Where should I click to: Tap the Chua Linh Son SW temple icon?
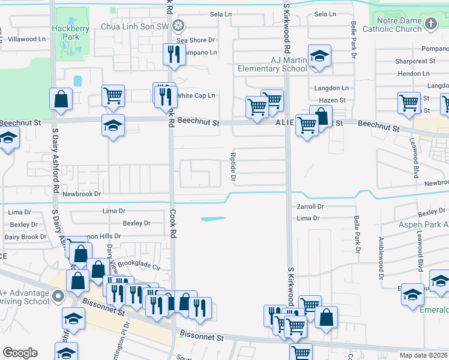(178, 25)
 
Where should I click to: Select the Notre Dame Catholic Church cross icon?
(430, 23)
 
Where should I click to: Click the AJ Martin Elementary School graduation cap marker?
(320, 56)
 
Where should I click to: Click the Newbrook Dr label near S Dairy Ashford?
(82, 194)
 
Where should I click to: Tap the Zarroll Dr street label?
(310, 206)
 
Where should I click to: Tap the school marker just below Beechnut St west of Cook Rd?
(113, 125)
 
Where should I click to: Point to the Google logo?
(20, 353)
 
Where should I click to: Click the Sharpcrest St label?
(415, 61)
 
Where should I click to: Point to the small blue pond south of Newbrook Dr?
(212, 218)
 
